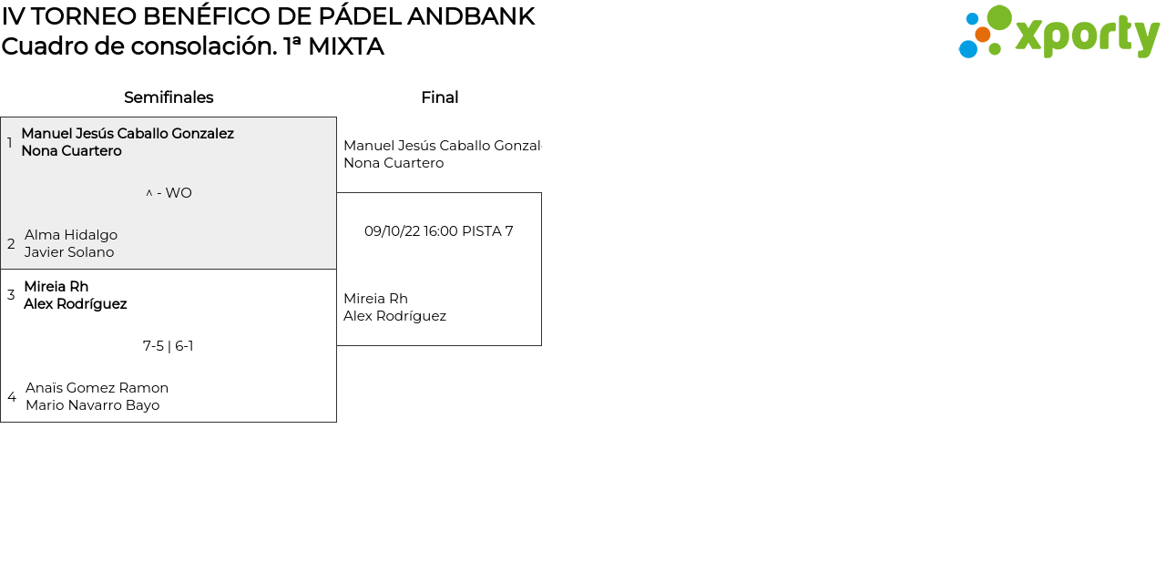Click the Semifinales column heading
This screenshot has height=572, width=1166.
[x=169, y=97]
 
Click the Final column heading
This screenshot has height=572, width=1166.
[x=439, y=97]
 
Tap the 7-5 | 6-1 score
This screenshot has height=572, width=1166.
[x=168, y=346]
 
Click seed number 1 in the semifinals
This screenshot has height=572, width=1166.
[x=10, y=143]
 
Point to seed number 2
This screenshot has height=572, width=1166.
[x=11, y=244]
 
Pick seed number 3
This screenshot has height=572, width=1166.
[x=11, y=295]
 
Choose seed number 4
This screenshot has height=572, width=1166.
[x=12, y=397]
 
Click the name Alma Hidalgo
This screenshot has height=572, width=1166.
[x=71, y=235]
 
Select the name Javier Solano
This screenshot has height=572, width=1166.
[x=69, y=252]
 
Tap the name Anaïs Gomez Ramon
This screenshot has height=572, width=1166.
[x=97, y=388]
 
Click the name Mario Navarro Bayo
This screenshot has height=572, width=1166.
[x=92, y=405]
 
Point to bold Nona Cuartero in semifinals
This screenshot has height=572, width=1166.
[x=71, y=151]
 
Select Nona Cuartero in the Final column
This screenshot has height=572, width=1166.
[x=394, y=163]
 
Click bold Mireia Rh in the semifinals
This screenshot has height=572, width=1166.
[x=56, y=287]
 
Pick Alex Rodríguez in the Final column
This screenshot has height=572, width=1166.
[x=394, y=316]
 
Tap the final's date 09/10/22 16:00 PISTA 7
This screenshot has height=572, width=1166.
[x=438, y=231]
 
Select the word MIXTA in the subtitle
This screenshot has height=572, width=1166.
[x=345, y=46]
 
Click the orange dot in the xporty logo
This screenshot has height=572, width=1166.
[x=983, y=35]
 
